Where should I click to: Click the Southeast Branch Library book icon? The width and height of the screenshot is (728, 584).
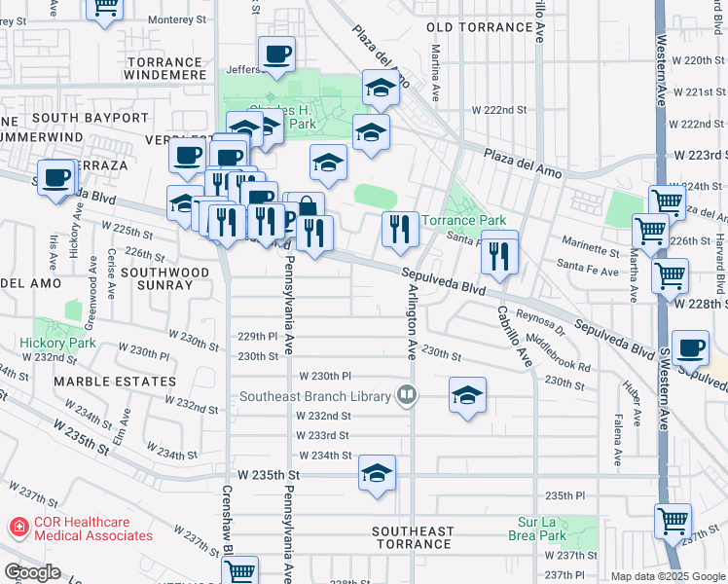[x=407, y=395]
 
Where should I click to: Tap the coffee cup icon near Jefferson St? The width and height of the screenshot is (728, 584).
[x=276, y=55]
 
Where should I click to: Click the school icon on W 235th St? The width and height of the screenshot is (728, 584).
[x=377, y=474]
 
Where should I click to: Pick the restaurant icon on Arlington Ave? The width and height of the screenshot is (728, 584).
[x=399, y=230]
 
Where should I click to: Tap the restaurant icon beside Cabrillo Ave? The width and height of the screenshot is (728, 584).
[x=498, y=255]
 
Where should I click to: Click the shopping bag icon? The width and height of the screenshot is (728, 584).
[x=306, y=207]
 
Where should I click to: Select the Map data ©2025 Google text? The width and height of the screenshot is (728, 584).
[x=667, y=576]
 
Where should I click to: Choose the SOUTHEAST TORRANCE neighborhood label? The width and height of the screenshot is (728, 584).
[x=414, y=537]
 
